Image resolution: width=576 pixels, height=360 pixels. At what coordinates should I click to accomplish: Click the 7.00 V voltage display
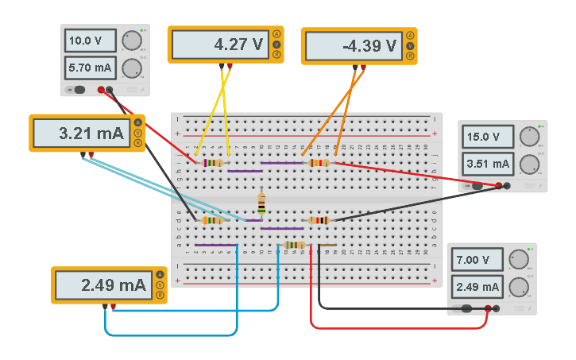(x=477, y=260)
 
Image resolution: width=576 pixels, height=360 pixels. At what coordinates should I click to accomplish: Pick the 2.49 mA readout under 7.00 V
(x=477, y=286)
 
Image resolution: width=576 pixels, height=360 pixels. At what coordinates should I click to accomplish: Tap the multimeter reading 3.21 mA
(x=81, y=134)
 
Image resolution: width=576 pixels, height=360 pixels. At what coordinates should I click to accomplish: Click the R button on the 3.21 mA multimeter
(x=138, y=144)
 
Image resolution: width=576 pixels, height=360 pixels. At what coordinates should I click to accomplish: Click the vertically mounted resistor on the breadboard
(x=261, y=203)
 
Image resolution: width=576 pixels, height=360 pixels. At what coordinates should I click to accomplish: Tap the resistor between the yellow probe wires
(x=213, y=163)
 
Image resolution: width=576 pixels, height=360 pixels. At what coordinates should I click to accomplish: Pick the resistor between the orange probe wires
(x=319, y=163)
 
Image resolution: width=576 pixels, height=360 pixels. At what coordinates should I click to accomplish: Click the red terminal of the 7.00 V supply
(x=496, y=308)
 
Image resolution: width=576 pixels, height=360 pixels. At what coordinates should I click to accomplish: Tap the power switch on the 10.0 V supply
(x=79, y=90)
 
